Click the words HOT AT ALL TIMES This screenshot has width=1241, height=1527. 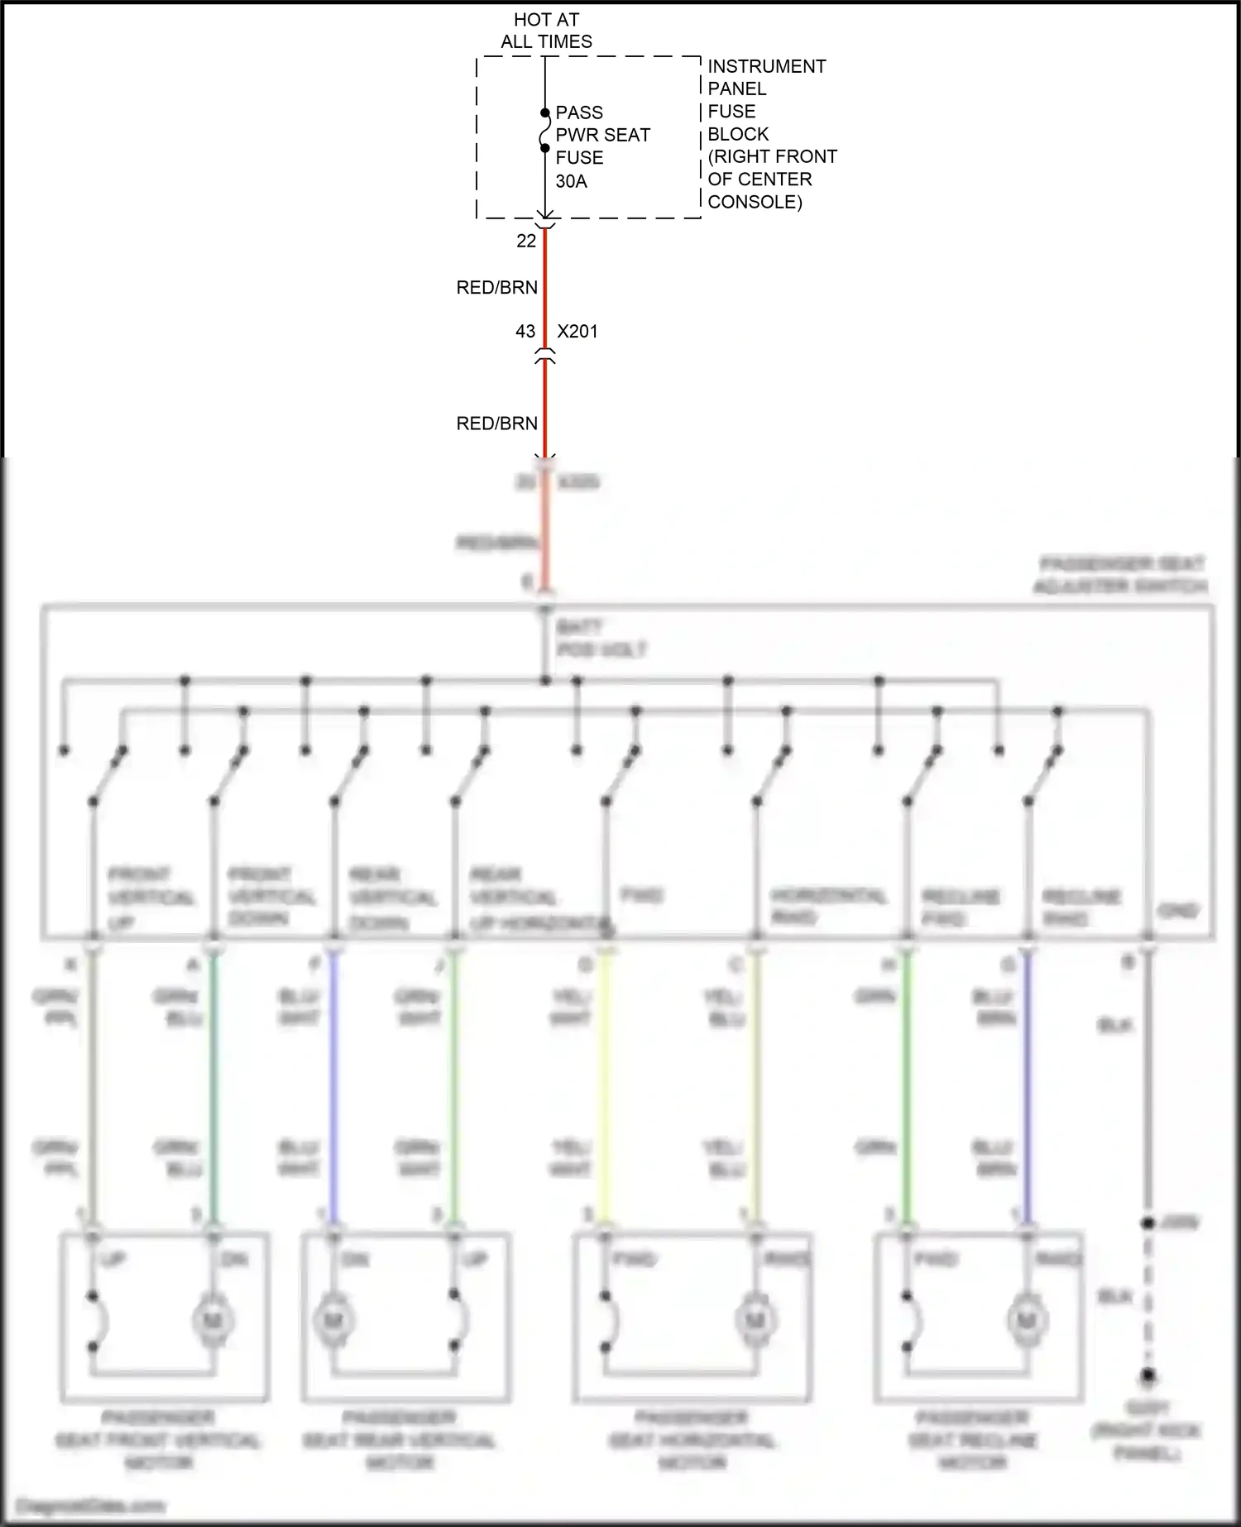pos(546,31)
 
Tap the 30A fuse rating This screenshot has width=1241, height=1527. pos(571,181)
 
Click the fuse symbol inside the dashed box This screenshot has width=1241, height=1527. pos(544,131)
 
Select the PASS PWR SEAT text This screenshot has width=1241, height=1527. pos(602,123)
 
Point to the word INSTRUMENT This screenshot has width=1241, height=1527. pos(766,66)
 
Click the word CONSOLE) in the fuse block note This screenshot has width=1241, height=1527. pos(755,202)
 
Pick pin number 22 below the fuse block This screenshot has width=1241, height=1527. pos(526,241)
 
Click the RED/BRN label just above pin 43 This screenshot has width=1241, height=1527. pos(496,287)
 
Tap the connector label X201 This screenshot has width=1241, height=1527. pos(577,331)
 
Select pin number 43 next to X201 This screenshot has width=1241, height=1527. pos(525,331)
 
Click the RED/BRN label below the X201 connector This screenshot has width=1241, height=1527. pos(496,424)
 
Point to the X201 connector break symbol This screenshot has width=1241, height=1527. pos(544,357)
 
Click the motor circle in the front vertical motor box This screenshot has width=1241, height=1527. pos(211,1321)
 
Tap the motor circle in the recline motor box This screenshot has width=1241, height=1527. pos(1026,1321)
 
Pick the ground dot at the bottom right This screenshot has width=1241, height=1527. pos(1148,1376)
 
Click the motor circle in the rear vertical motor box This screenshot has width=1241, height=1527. pos(333,1321)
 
